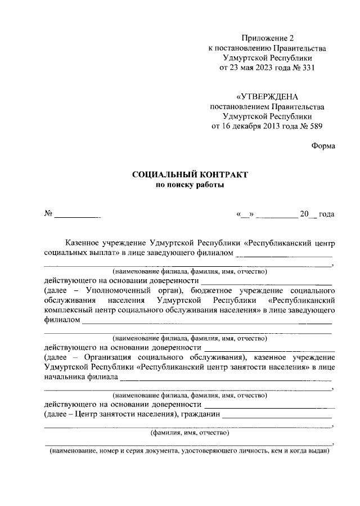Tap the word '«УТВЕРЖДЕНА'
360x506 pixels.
pos(268,96)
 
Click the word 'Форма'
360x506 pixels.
pos(323,146)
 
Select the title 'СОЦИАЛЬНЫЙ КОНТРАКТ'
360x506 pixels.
pos(190,176)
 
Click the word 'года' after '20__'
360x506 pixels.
pos(327,214)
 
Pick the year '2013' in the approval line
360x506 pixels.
pos(264,126)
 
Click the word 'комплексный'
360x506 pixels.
pos(67,311)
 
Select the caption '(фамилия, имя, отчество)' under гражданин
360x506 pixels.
pos(188,433)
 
